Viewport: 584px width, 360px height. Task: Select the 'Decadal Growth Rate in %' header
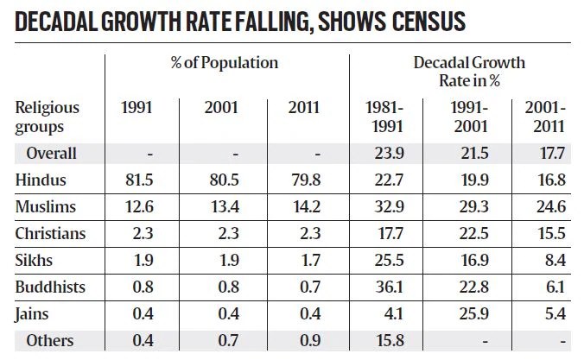pyautogui.click(x=468, y=71)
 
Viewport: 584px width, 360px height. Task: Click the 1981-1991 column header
pyautogui.click(x=384, y=117)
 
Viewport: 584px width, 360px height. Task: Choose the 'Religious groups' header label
pyautogui.click(x=47, y=117)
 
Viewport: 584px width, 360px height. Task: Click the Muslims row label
pyautogui.click(x=45, y=206)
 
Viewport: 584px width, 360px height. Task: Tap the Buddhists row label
pyautogui.click(x=51, y=287)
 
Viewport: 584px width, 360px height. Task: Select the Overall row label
pyautogui.click(x=51, y=154)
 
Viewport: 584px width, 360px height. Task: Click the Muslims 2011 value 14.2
pyautogui.click(x=304, y=206)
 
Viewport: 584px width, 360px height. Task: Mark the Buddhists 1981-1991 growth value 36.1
pyautogui.click(x=384, y=287)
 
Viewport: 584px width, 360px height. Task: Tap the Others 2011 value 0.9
pyautogui.click(x=304, y=340)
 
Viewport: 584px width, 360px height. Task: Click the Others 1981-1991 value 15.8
pyautogui.click(x=384, y=340)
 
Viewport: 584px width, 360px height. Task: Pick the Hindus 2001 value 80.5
pyautogui.click(x=223, y=180)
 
